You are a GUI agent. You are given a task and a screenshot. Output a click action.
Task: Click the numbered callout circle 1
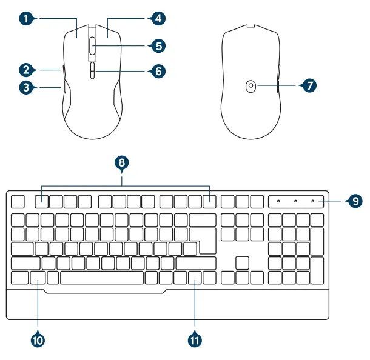pos(26,18)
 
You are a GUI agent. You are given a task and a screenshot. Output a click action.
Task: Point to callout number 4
pos(157,18)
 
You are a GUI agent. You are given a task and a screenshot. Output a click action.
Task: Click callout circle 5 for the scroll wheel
pos(157,45)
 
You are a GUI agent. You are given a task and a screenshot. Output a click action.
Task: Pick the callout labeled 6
pos(157,71)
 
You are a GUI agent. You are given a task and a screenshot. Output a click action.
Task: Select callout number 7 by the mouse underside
pos(309,86)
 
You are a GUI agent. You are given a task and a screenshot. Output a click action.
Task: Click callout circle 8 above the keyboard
pos(122,162)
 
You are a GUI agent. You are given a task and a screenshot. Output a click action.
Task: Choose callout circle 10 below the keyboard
pos(38,341)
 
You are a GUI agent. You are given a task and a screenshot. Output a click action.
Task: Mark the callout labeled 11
pos(195,341)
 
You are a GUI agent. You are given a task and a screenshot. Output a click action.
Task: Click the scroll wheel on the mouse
pos(92,45)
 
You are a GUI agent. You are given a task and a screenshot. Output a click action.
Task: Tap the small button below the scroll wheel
pos(92,70)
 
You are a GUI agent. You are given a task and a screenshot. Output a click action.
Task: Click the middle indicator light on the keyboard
pos(295,201)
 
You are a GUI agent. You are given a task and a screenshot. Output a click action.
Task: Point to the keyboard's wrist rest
pos(167,305)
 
